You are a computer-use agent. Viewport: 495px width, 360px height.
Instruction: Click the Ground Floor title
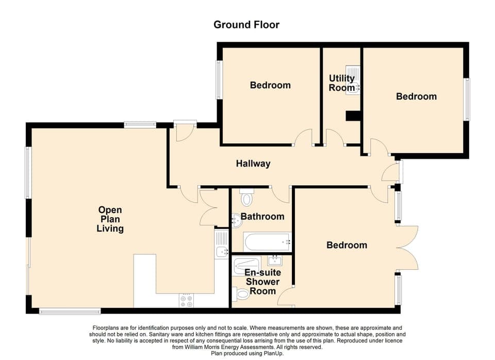tap(246, 25)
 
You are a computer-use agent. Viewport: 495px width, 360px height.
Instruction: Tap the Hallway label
tap(253, 164)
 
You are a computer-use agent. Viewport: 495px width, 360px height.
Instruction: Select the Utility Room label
tap(341, 83)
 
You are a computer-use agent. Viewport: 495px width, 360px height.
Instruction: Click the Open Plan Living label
tap(110, 219)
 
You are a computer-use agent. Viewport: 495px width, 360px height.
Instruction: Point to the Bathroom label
tap(262, 217)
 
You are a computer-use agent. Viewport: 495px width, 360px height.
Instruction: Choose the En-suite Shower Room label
tap(262, 282)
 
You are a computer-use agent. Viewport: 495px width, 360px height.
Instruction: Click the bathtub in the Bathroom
tap(267, 241)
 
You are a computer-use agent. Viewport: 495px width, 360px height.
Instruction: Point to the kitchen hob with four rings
tap(186, 301)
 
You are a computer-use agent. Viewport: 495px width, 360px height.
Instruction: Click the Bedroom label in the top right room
tap(416, 96)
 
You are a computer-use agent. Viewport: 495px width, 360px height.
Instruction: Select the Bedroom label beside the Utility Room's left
tap(270, 85)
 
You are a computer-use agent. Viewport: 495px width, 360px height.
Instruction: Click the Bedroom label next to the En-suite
tap(346, 245)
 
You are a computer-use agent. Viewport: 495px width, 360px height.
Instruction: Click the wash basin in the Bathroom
tap(236, 221)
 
